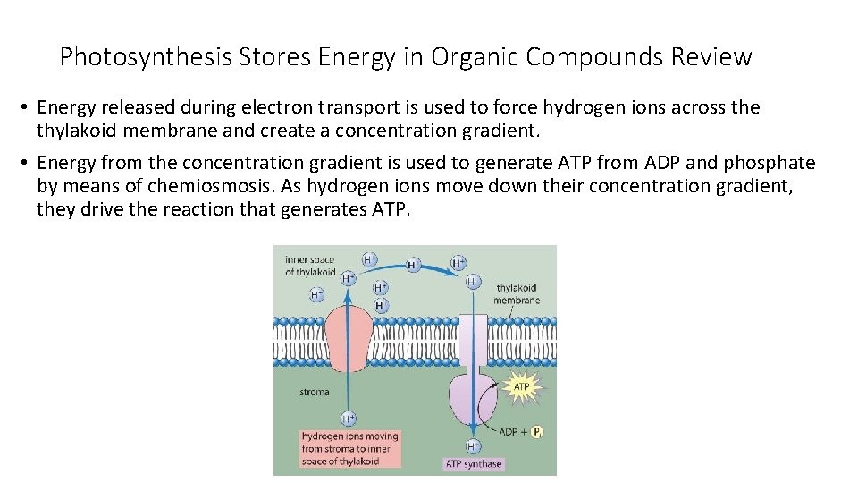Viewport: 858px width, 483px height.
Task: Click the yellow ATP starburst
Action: (x=521, y=386)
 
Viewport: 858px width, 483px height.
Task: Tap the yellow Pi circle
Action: (x=537, y=433)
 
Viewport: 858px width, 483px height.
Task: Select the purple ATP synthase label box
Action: (x=474, y=464)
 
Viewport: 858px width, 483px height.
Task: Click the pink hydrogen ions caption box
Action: (x=350, y=449)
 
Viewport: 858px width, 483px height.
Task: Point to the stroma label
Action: (x=314, y=391)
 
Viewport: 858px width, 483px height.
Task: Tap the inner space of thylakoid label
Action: (x=310, y=266)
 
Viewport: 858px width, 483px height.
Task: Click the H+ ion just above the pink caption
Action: (x=349, y=418)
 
